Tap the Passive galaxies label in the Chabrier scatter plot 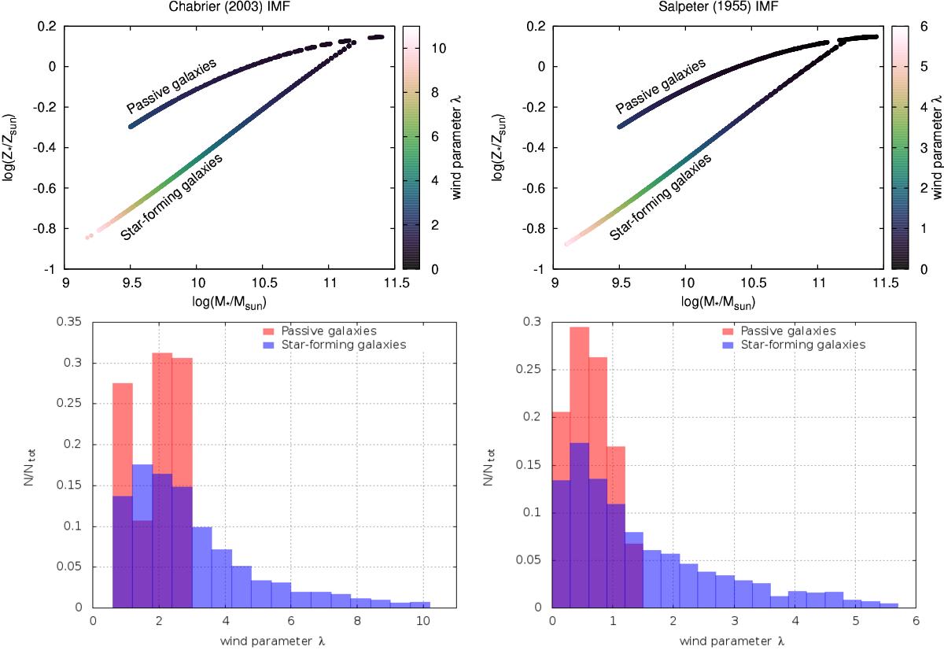(171, 85)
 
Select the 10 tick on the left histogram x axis (423, 619)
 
